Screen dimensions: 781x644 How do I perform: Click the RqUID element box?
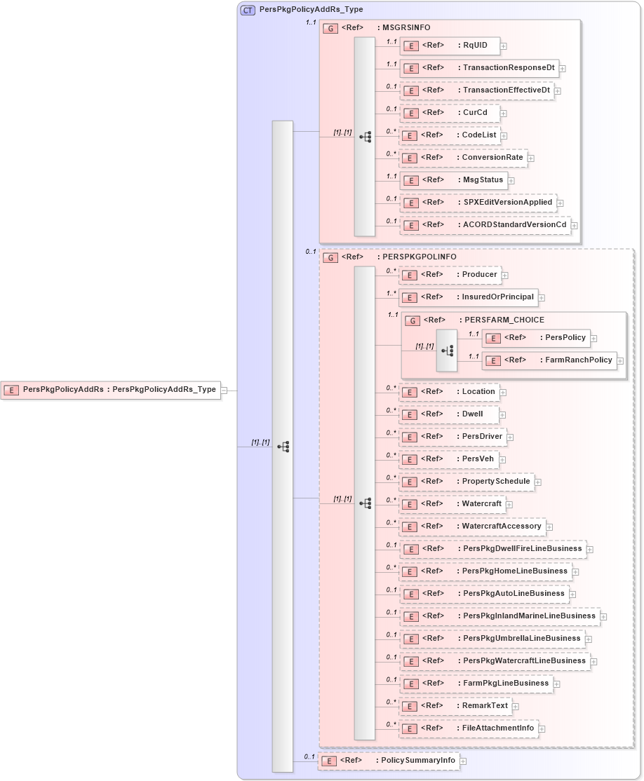point(449,46)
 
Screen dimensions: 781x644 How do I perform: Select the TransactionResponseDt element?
point(480,69)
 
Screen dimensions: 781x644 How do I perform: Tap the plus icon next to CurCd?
point(504,114)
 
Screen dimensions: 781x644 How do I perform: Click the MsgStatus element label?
point(482,180)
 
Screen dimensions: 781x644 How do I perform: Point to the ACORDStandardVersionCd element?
point(485,225)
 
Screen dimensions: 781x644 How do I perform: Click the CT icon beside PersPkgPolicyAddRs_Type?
point(248,11)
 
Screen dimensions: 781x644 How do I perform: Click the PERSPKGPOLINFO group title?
point(419,257)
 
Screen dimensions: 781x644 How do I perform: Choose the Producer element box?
point(449,275)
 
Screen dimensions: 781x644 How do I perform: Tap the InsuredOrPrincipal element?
point(468,297)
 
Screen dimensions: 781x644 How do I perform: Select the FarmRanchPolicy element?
point(549,360)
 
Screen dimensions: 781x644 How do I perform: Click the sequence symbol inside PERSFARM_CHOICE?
point(447,349)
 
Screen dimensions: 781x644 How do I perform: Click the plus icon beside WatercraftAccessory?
point(550,527)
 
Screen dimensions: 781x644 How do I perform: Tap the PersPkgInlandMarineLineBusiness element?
point(499,616)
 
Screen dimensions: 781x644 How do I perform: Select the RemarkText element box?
point(455,706)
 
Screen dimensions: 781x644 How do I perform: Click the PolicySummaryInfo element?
point(388,761)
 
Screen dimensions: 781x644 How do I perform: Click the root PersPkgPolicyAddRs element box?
point(111,390)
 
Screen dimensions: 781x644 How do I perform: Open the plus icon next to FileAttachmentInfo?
point(542,729)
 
